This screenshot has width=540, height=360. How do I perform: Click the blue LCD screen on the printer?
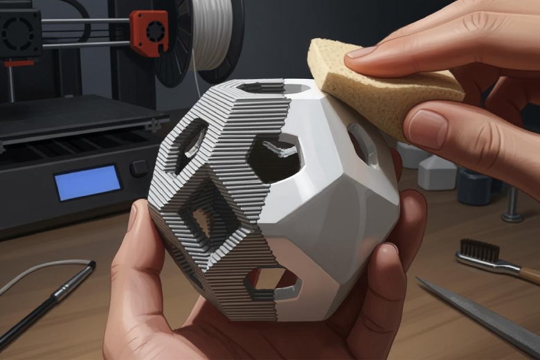click(87, 182)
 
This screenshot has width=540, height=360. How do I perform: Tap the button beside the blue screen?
click(139, 168)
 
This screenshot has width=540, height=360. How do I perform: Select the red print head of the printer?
click(150, 33)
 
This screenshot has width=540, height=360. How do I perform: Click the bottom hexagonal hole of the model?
click(274, 280)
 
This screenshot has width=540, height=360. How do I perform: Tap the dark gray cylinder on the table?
click(475, 187)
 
